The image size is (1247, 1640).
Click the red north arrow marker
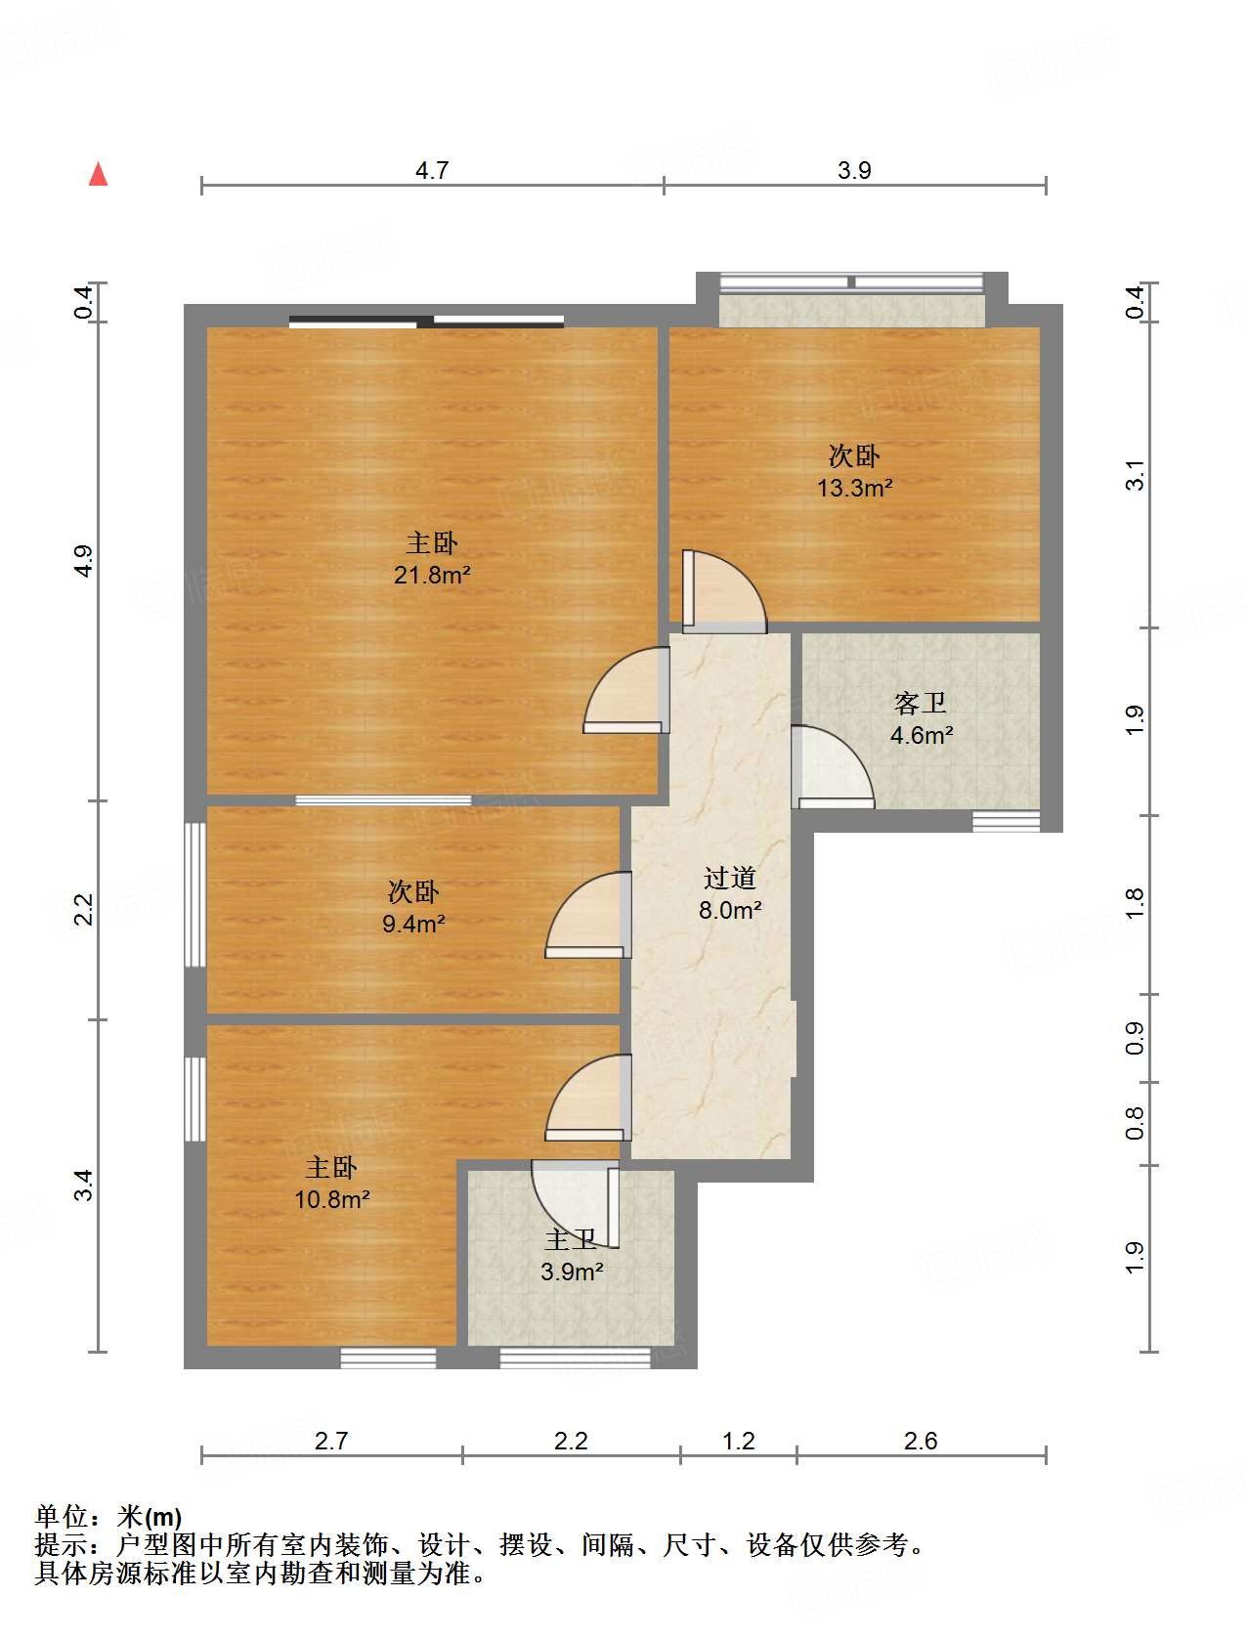(98, 173)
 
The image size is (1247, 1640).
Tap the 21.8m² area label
(432, 575)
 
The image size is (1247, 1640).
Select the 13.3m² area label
(854, 487)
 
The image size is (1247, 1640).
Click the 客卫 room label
(920, 703)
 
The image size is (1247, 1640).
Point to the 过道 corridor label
(729, 877)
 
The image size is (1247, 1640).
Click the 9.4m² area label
(413, 924)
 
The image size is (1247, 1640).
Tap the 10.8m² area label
(331, 1199)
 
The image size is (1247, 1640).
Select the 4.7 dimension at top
(432, 170)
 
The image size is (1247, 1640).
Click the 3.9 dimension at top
(854, 170)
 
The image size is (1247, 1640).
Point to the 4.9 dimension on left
(84, 561)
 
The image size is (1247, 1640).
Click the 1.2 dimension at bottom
(738, 1441)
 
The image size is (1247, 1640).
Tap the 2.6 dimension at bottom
(920, 1441)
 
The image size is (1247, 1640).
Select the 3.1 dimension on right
(1134, 475)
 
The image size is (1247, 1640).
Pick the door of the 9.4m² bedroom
(588, 915)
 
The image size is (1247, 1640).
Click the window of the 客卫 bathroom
(1006, 822)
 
